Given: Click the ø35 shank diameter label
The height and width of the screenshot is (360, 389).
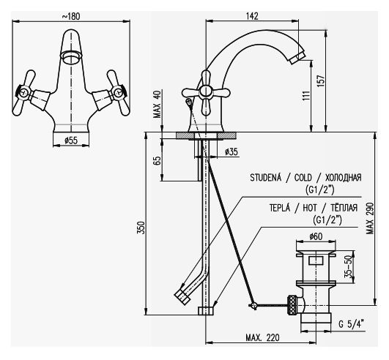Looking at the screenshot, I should coord(231,151).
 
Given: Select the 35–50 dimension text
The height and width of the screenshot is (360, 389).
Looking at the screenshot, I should coord(350,267).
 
